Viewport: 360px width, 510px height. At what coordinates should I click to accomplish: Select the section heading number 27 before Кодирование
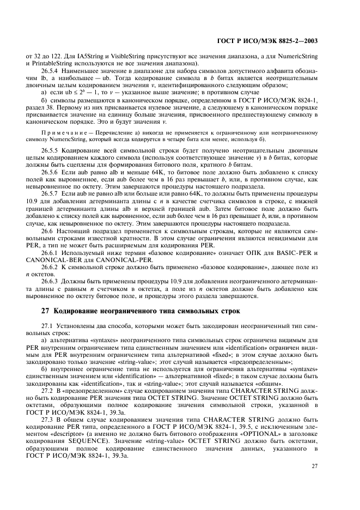tap(46, 311)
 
